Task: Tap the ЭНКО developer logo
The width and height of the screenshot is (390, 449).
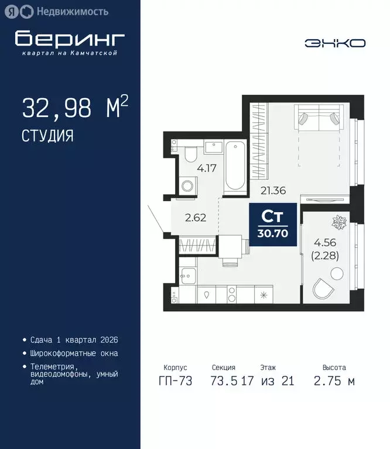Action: click(335, 43)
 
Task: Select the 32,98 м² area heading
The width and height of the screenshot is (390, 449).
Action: click(74, 109)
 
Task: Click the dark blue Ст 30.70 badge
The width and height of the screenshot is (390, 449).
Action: click(273, 224)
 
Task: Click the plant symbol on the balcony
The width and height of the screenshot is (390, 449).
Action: click(338, 222)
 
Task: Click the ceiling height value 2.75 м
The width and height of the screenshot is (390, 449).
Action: click(334, 382)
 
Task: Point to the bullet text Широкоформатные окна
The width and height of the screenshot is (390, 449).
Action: click(74, 353)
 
